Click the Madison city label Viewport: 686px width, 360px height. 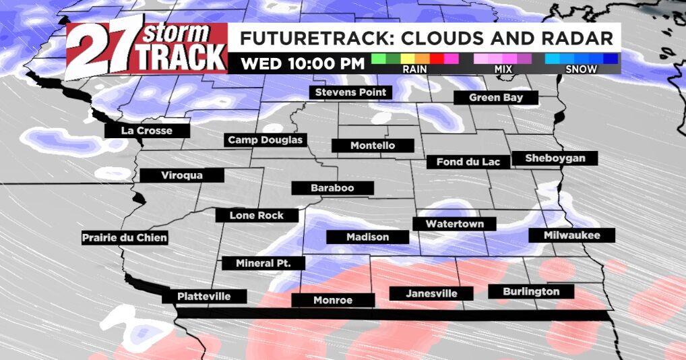point(367,237)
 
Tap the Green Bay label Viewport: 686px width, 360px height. point(495,98)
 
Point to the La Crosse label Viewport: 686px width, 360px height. point(146,131)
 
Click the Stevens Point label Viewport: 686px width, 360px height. point(350,92)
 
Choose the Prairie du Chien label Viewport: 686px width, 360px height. point(124,238)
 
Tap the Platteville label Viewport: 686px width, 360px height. point(204,297)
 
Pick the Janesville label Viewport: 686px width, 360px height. point(431,293)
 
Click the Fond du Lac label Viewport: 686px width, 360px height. point(463,162)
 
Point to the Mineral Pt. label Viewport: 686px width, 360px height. point(263,263)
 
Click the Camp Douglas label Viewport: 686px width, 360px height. point(266,140)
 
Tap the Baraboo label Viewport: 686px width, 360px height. point(332,188)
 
